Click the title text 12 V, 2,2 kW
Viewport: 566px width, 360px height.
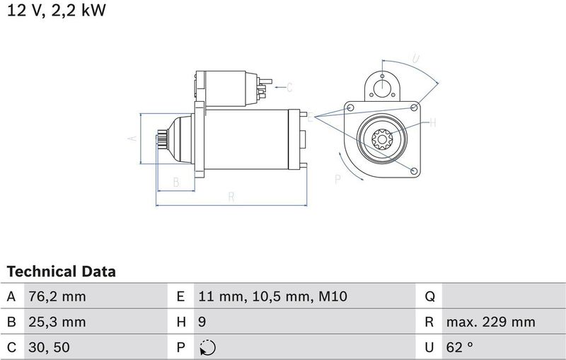[x=57, y=12]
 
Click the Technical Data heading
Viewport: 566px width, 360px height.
[x=61, y=272]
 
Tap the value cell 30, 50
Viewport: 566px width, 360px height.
[x=49, y=347]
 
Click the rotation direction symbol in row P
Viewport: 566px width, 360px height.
[x=209, y=347]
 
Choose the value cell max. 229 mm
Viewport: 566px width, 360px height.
[x=490, y=323]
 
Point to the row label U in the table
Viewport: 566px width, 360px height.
[x=429, y=347]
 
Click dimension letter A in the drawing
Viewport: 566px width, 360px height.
[x=131, y=139]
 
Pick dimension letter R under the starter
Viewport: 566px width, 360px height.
[x=231, y=197]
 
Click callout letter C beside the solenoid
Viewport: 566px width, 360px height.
[x=289, y=88]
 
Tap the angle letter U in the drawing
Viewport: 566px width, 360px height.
[x=416, y=59]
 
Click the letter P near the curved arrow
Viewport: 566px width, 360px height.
[x=337, y=180]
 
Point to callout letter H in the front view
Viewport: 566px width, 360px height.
[x=433, y=122]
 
